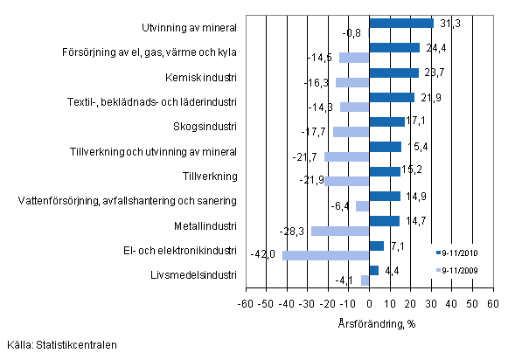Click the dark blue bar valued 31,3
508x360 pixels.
click(401, 23)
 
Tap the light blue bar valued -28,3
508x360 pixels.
click(339, 231)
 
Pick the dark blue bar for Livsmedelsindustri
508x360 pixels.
click(373, 270)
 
